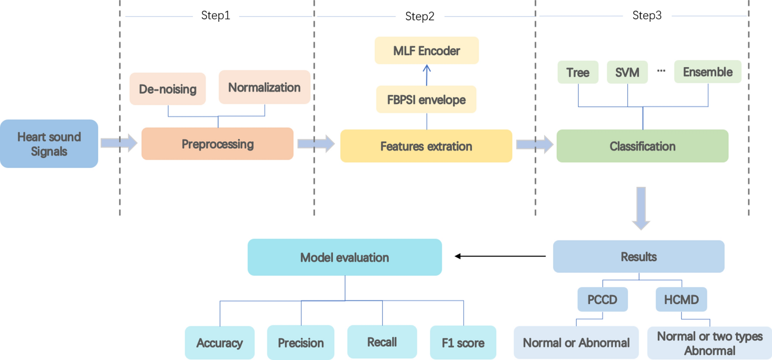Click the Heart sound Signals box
[49, 144]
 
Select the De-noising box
[167, 89]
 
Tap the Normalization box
[264, 87]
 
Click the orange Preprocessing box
[217, 144]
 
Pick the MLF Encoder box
[427, 51]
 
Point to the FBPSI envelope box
[426, 99]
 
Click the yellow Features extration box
[426, 146]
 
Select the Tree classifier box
[577, 72]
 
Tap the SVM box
[627, 72]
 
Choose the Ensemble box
[707, 72]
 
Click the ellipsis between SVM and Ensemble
[661, 71]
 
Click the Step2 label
[420, 17]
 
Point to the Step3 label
[647, 16]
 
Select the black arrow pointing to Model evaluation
[500, 256]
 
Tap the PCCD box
[602, 299]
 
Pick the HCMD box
[681, 299]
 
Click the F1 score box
[463, 343]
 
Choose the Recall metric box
[382, 342]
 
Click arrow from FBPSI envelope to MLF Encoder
[427, 75]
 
